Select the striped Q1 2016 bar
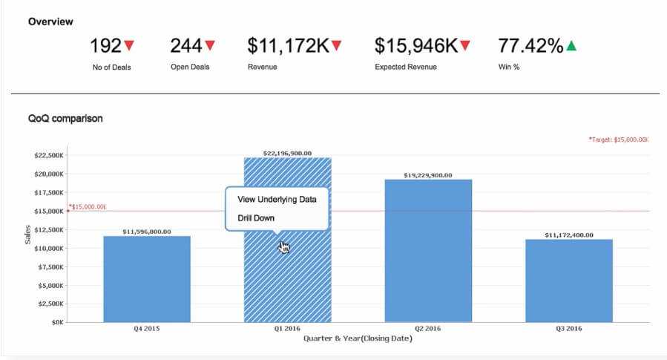[288, 282]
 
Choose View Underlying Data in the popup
[276, 200]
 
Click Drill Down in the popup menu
[256, 218]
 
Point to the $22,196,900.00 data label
[287, 153]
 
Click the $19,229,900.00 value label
[428, 175]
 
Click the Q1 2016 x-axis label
[287, 329]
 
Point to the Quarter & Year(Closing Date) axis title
[358, 338]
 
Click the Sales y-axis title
[28, 238]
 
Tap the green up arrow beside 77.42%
[571, 46]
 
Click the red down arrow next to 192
[130, 46]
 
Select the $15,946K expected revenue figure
[415, 46]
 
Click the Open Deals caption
[190, 67]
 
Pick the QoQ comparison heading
[65, 118]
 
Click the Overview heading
[50, 22]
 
